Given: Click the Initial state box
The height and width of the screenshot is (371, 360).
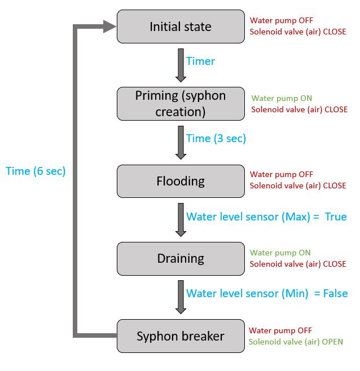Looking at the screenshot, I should [x=181, y=26].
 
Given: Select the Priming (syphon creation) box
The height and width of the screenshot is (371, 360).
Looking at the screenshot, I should [x=181, y=104].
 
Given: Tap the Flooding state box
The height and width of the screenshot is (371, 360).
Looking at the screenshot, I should [x=181, y=181].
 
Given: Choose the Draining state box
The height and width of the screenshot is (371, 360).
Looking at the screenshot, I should [x=181, y=258].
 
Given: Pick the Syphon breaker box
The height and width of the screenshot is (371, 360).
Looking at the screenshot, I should [x=181, y=336].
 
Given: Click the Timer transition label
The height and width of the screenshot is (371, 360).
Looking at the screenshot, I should [x=200, y=61].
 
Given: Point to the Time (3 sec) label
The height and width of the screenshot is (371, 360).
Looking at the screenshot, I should [x=216, y=138].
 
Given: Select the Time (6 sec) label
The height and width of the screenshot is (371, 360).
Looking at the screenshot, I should [x=36, y=171].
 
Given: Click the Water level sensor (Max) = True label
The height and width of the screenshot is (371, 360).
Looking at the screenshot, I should [x=266, y=217].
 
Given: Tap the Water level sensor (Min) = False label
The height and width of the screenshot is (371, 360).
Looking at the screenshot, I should [x=267, y=293].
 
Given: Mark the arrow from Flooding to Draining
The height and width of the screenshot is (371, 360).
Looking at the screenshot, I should [x=181, y=219].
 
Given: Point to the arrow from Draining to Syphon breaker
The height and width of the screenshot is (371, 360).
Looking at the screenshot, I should [x=181, y=297].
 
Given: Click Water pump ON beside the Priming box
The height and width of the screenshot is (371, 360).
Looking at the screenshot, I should [x=282, y=98].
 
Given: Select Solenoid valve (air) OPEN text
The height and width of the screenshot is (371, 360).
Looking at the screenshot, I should [x=296, y=342].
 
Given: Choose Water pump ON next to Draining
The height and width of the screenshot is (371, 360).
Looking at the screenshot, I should [x=280, y=253].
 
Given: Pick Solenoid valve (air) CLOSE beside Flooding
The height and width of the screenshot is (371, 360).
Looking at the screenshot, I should [x=298, y=185].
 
